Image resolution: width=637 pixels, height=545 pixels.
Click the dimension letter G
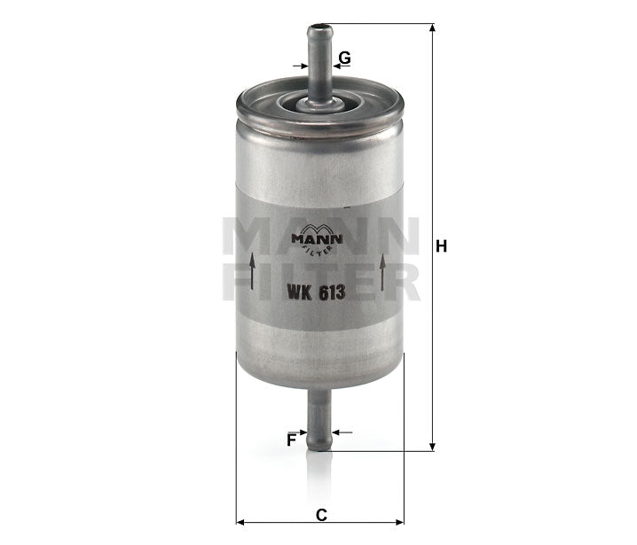pos(345,58)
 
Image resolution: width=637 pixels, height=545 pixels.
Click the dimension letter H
pos(441,246)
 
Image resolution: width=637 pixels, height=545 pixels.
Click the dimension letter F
pos(290,439)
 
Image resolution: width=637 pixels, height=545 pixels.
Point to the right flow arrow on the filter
pos(382,271)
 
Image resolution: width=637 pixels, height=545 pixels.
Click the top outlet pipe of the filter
pos(318,62)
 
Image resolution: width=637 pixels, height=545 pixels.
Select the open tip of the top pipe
pos(318,28)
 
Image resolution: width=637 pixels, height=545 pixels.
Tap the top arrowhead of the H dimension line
pos(432,29)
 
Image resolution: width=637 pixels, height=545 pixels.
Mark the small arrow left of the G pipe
pos(298,65)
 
